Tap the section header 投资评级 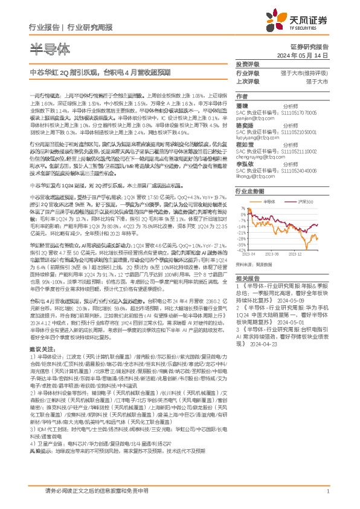[x=247, y=63]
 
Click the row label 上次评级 [x=247, y=80]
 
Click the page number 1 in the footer [x=327, y=491]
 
